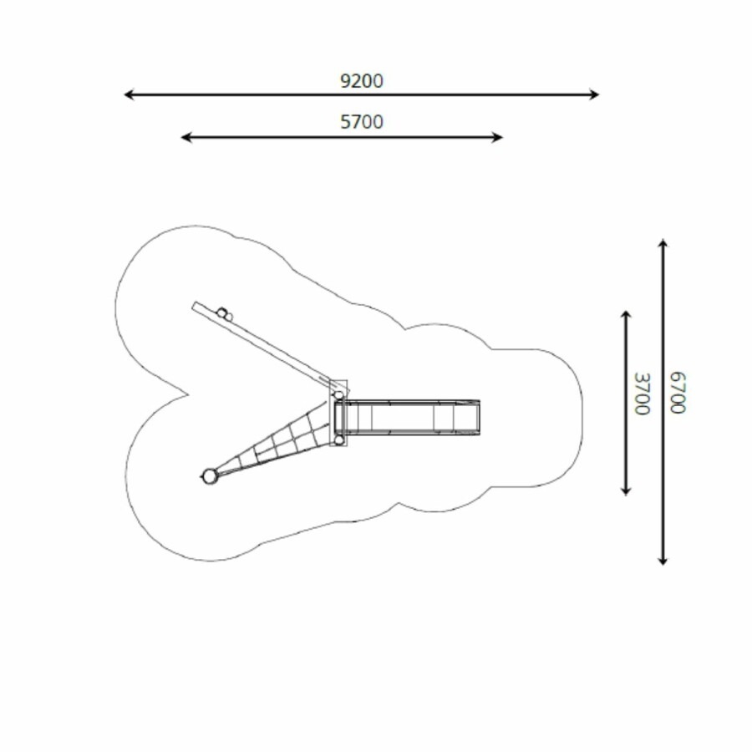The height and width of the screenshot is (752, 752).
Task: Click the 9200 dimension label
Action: click(x=362, y=81)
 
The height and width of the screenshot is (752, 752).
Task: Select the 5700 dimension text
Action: click(x=362, y=122)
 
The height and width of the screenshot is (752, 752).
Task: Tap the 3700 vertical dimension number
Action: click(x=642, y=394)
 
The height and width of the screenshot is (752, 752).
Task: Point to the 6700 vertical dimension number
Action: click(x=678, y=393)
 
